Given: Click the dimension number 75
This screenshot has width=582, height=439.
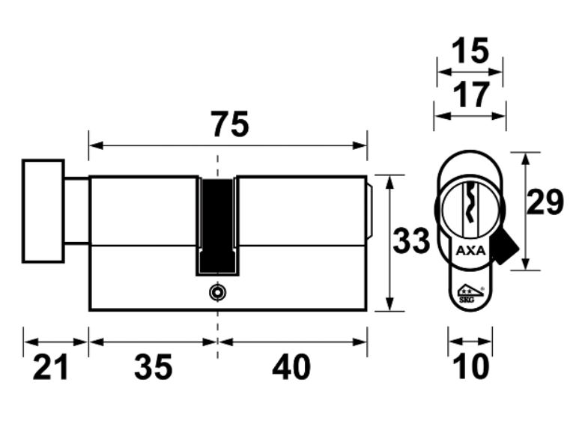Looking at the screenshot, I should point(229,125).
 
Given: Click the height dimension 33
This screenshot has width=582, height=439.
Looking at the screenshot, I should point(412,242).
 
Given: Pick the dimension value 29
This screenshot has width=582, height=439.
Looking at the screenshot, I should point(545,203).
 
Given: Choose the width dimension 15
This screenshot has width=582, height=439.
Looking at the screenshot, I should point(470,52).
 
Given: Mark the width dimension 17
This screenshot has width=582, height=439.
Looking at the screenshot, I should point(470,95).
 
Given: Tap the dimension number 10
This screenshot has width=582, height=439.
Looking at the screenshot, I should point(470,366).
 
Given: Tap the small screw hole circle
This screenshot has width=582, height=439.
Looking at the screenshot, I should point(217,291).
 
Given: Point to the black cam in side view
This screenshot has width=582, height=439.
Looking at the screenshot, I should point(218,225).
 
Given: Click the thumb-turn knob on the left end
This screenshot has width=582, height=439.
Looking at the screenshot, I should point(43,211).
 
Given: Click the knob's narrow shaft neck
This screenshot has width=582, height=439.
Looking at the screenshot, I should point(76,211).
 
